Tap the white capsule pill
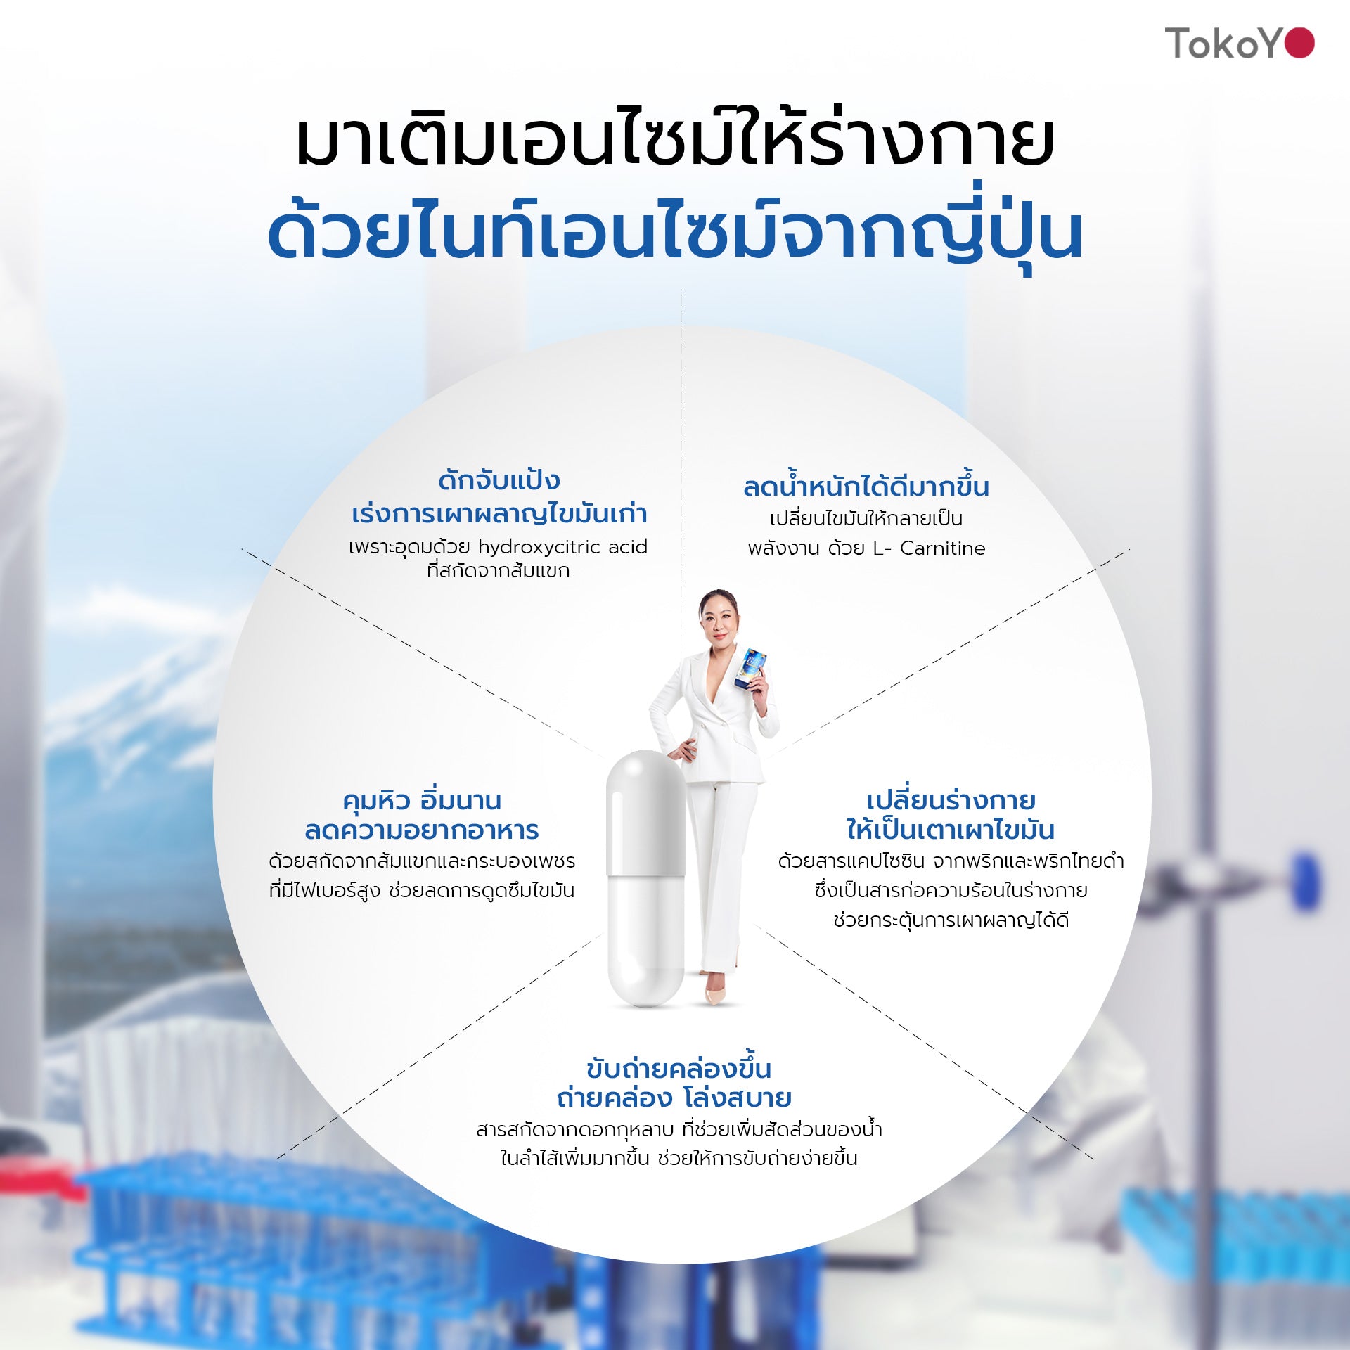(x=646, y=878)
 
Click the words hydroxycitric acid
(x=562, y=547)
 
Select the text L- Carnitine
(x=929, y=548)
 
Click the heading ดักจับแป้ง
(x=499, y=480)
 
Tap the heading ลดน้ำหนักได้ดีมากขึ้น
(x=866, y=486)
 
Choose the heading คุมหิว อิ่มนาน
(x=422, y=800)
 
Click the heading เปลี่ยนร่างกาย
(x=951, y=799)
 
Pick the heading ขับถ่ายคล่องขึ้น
(x=679, y=1069)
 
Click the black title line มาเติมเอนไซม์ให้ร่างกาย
(x=675, y=141)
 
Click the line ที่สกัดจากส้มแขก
(x=499, y=571)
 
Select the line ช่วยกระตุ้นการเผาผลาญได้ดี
(x=951, y=920)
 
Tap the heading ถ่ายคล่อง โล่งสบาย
(x=674, y=1098)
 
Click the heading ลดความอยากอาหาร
(x=422, y=830)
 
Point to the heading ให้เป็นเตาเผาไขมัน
(x=951, y=830)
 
